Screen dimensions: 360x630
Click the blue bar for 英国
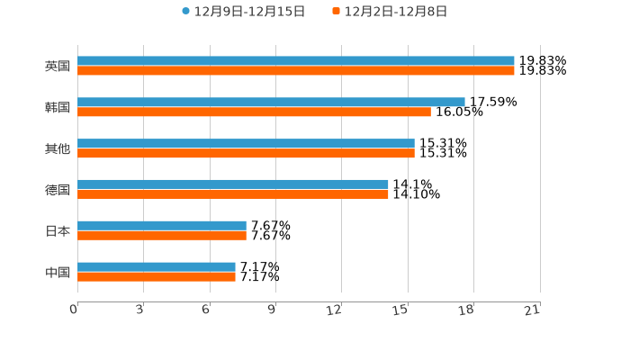tap(296, 61)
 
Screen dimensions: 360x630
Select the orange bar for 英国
tap(296, 70)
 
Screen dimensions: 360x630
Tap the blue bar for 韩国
tap(271, 103)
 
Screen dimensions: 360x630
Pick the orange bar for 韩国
tap(254, 112)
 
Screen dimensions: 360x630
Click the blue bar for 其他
tap(246, 144)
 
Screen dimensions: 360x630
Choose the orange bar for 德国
tap(233, 193)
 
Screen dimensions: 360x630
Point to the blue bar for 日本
tap(162, 226)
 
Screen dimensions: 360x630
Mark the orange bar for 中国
tap(157, 276)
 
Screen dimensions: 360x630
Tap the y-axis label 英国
tap(58, 66)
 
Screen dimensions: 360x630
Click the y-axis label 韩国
tap(58, 107)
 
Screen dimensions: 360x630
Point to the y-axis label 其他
tap(58, 148)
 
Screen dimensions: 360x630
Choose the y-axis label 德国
tap(58, 189)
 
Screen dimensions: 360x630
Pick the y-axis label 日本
tap(58, 230)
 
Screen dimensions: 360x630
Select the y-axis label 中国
tap(58, 272)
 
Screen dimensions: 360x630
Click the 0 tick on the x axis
tap(75, 310)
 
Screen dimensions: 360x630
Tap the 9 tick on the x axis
tap(273, 310)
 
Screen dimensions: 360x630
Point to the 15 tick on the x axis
tap(401, 310)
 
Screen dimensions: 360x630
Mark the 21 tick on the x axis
tap(533, 310)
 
